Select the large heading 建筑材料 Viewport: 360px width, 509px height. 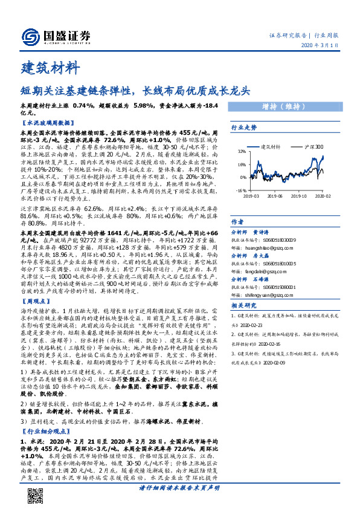(x=45, y=66)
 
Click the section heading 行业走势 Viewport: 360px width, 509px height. (x=244, y=128)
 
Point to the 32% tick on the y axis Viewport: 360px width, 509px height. (x=242, y=151)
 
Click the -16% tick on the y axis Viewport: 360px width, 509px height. (x=240, y=190)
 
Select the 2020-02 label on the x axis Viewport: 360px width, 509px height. (x=323, y=195)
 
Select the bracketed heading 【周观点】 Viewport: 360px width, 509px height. (x=36, y=299)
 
